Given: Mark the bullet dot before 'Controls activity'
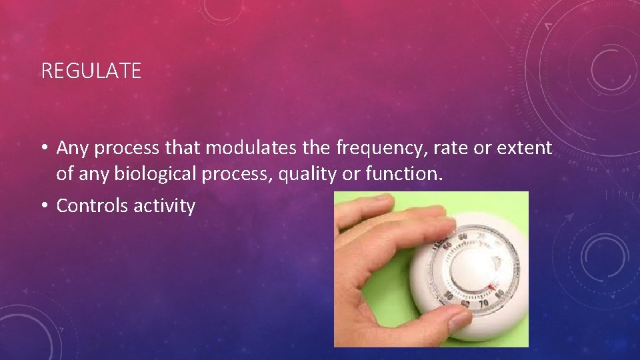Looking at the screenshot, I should coord(45,206).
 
